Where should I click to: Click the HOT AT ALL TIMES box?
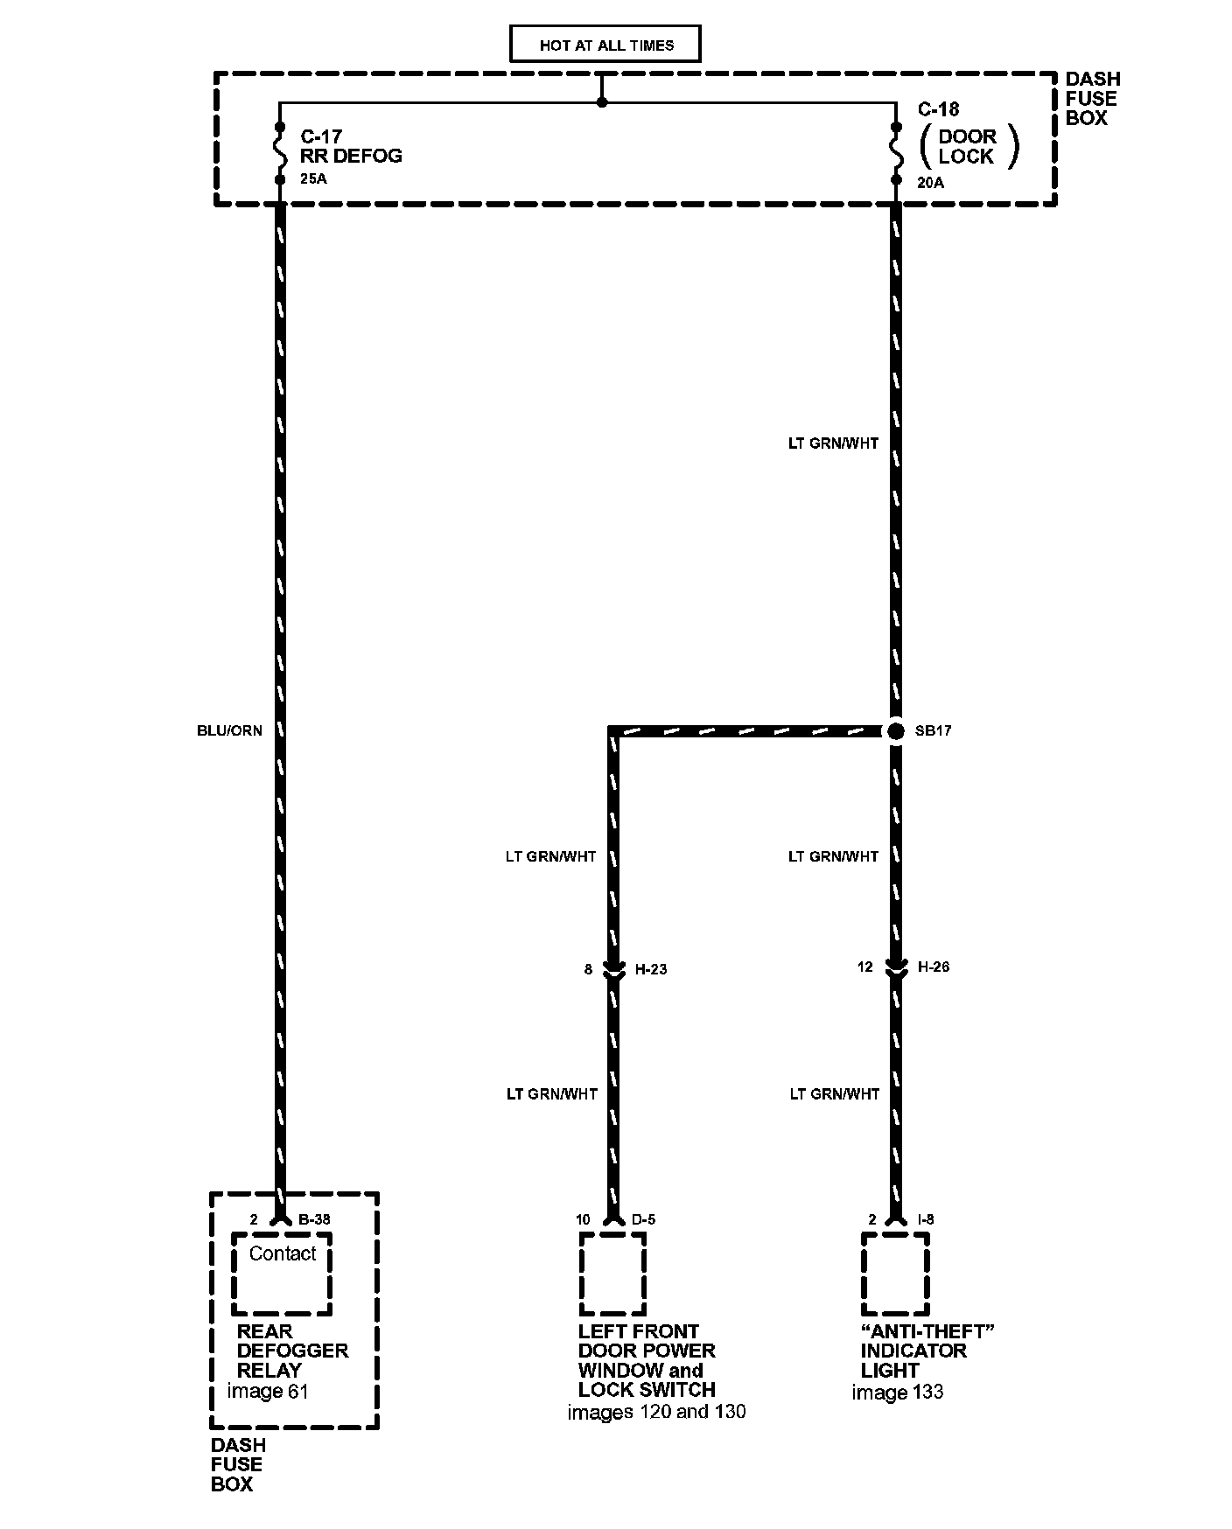tap(605, 45)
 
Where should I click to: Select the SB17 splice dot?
tap(895, 730)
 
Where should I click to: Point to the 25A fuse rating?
tap(313, 180)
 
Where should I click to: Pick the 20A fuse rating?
tap(930, 183)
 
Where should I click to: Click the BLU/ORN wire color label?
tap(229, 730)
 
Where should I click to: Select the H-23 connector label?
tap(651, 969)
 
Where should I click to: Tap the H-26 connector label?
tap(934, 967)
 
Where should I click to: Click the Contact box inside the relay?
tap(282, 1274)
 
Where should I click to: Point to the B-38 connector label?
tap(314, 1219)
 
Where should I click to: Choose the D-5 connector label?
tap(644, 1219)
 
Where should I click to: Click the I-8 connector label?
tap(926, 1219)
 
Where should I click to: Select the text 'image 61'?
tap(268, 1391)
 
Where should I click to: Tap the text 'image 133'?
tap(898, 1392)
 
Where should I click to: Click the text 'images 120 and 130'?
tap(656, 1411)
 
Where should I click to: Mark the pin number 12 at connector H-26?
tap(865, 967)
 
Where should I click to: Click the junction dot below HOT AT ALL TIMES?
tap(602, 102)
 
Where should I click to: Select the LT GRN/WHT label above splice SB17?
tap(833, 443)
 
